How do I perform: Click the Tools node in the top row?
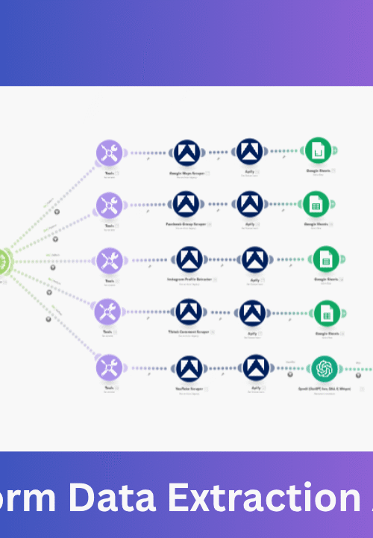(110, 153)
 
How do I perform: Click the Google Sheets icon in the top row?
(318, 152)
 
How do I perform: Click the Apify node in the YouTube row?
(255, 368)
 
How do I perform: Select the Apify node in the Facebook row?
(251, 203)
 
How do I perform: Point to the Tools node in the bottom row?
(110, 368)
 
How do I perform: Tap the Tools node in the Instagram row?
(110, 260)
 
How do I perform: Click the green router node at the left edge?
(4, 260)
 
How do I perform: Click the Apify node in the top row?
(251, 152)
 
